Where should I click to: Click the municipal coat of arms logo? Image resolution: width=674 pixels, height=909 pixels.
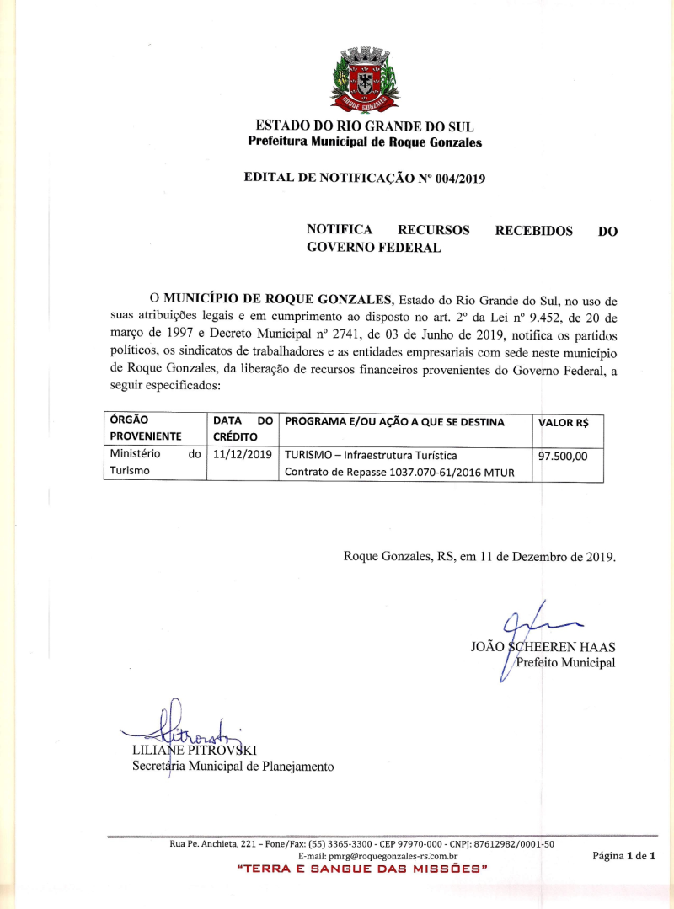click(x=364, y=80)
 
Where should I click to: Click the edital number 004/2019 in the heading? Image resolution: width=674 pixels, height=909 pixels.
click(x=453, y=178)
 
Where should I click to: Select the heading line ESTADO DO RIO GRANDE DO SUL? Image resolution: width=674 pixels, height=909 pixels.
click(x=364, y=126)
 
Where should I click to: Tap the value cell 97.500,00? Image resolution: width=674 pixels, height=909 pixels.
click(x=563, y=456)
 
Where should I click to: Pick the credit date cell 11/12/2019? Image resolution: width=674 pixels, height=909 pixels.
click(x=243, y=454)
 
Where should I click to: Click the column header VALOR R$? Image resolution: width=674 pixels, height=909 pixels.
click(x=563, y=423)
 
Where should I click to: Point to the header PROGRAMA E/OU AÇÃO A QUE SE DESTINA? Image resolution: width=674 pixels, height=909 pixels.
click(x=395, y=422)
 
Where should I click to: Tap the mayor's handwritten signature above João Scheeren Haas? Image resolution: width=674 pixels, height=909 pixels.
click(x=527, y=628)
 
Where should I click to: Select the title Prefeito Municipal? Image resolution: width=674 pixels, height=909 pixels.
click(x=565, y=663)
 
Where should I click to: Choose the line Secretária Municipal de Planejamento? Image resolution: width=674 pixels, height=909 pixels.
click(x=233, y=767)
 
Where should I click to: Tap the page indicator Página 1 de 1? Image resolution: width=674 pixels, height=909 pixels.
click(x=623, y=856)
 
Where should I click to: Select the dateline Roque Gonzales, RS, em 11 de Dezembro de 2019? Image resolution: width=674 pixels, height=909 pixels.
click(x=479, y=557)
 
